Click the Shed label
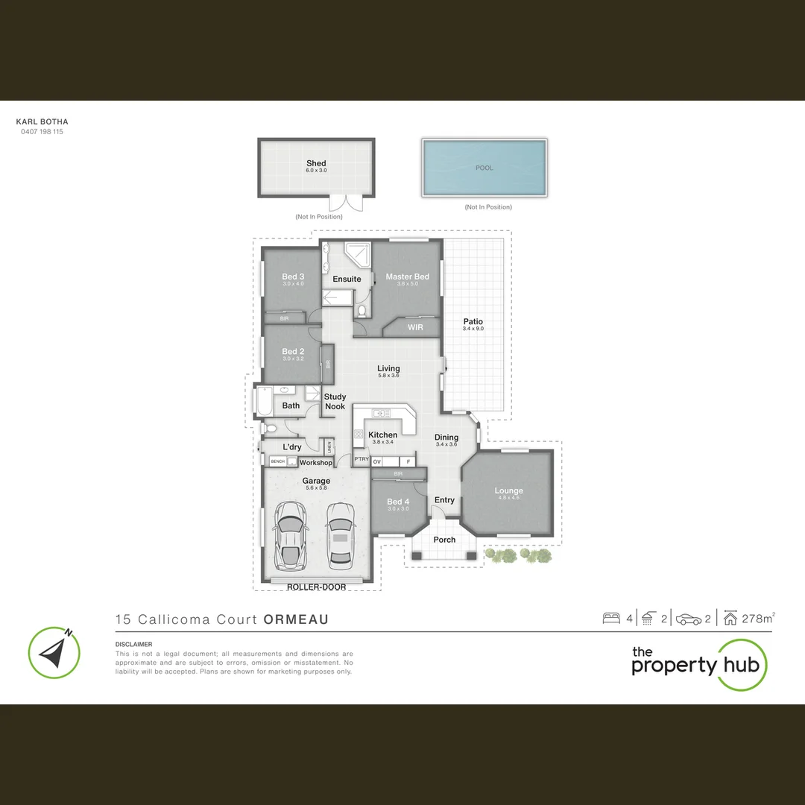(x=316, y=163)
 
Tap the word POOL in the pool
(x=484, y=168)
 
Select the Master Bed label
(x=407, y=277)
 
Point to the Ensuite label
(x=347, y=279)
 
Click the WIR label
(x=415, y=326)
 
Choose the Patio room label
(x=473, y=321)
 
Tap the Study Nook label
(x=335, y=402)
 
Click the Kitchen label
(x=383, y=435)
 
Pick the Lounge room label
(x=508, y=490)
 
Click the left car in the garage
(x=289, y=534)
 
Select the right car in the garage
(x=340, y=534)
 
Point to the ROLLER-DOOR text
(x=316, y=587)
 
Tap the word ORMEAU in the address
(x=296, y=619)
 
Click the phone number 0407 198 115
(x=42, y=132)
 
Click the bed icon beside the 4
(x=611, y=618)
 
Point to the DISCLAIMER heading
(x=133, y=644)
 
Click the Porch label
(x=444, y=540)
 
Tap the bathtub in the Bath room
(x=264, y=403)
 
